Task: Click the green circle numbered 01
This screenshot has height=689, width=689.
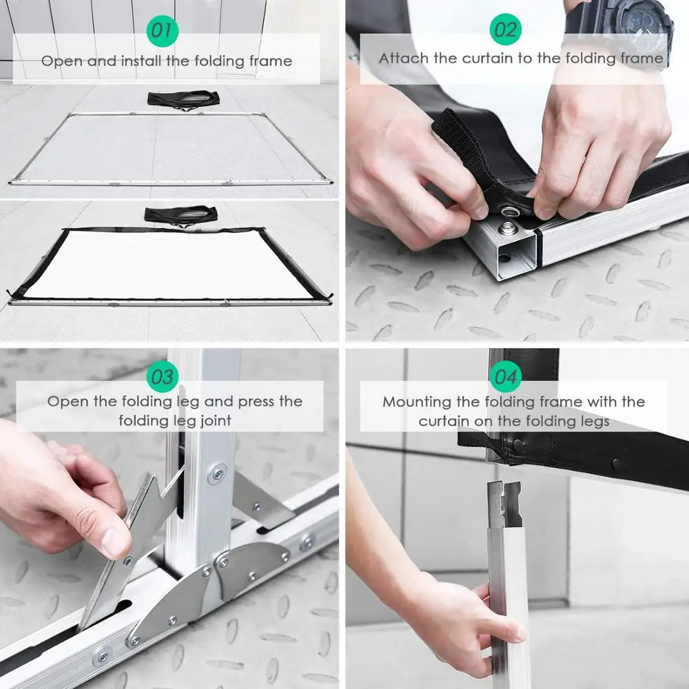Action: pyautogui.click(x=162, y=30)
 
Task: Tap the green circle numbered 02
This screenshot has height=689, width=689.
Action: pyautogui.click(x=505, y=29)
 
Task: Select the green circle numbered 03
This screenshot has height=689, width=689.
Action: pyautogui.click(x=162, y=377)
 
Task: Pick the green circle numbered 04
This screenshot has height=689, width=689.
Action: pyautogui.click(x=505, y=377)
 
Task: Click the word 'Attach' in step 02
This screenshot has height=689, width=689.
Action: pyautogui.click(x=403, y=58)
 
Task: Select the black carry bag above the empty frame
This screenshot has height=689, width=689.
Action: pyautogui.click(x=183, y=99)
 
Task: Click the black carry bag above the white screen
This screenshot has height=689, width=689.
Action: pyautogui.click(x=181, y=216)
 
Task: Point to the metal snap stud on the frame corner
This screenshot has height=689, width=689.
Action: pyautogui.click(x=508, y=227)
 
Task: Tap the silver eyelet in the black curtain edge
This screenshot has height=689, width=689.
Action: pyautogui.click(x=510, y=212)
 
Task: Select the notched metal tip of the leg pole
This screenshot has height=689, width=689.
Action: pyautogui.click(x=504, y=504)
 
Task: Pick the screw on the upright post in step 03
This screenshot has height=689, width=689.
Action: pyautogui.click(x=217, y=474)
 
